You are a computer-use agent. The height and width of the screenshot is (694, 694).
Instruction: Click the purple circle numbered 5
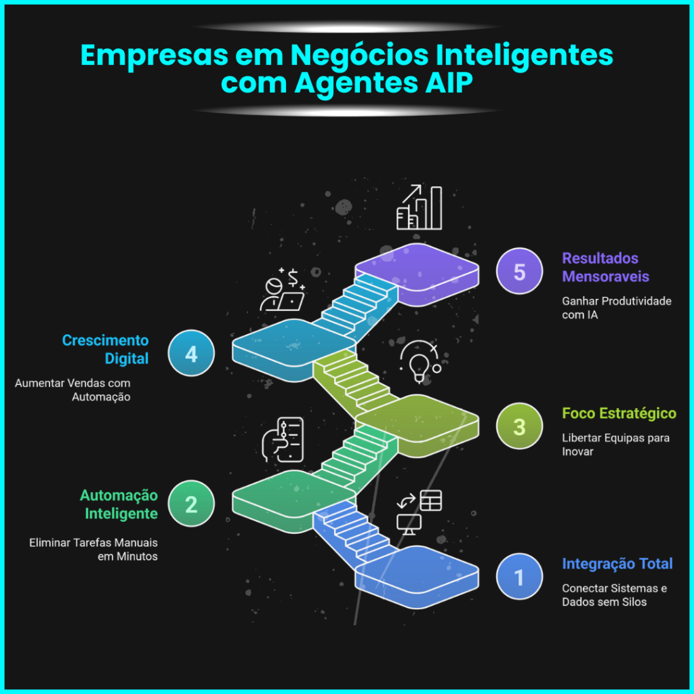click(x=519, y=271)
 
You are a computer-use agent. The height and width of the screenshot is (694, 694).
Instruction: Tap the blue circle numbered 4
click(x=191, y=353)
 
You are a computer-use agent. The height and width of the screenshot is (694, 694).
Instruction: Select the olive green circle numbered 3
click(x=519, y=426)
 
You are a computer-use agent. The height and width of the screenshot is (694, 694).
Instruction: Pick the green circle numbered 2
click(x=191, y=504)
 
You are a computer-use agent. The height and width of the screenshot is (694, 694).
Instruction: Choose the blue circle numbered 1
click(x=519, y=577)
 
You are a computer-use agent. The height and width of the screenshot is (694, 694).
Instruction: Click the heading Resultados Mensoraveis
click(x=605, y=267)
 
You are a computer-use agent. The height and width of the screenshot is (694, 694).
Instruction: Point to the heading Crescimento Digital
click(x=105, y=349)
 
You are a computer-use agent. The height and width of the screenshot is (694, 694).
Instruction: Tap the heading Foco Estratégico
click(x=619, y=413)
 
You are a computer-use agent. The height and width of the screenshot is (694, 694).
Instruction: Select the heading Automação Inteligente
click(x=119, y=504)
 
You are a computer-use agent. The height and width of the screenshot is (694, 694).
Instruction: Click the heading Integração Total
click(x=617, y=564)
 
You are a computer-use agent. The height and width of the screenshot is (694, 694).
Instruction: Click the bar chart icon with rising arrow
click(x=419, y=207)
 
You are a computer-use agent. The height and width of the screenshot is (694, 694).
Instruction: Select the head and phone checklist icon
click(x=283, y=440)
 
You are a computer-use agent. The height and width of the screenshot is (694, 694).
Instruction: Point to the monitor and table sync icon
click(x=419, y=512)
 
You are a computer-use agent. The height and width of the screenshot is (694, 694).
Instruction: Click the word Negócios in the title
click(x=359, y=56)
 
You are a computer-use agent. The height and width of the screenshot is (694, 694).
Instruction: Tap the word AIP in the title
click(x=449, y=83)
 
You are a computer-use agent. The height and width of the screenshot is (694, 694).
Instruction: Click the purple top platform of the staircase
click(x=417, y=268)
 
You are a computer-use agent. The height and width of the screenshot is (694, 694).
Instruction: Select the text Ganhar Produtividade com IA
click(x=617, y=308)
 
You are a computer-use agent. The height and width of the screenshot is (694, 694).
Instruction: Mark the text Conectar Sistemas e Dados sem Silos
click(x=614, y=595)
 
